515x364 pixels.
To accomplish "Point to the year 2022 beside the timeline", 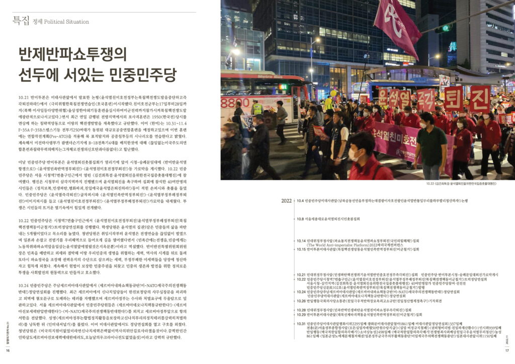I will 287,201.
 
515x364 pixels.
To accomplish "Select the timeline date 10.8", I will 300,219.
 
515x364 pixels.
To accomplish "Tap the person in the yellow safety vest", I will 257,109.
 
